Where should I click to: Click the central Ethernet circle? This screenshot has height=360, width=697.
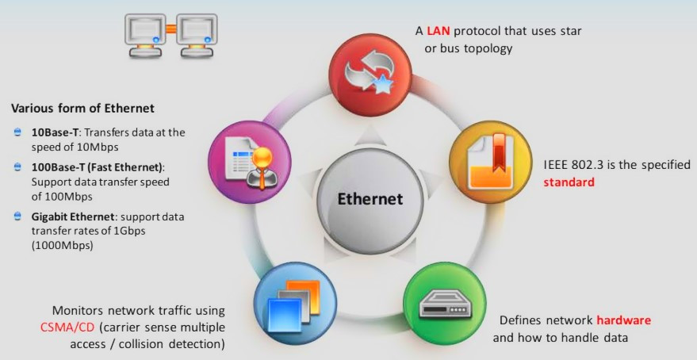point(370,199)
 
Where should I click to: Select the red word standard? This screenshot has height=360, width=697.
point(569,182)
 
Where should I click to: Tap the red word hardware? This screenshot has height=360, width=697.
point(623,320)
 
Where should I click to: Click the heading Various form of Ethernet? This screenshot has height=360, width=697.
point(82,108)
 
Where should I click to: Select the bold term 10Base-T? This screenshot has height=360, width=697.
point(46,132)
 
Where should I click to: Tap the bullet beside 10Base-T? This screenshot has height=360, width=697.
point(17,132)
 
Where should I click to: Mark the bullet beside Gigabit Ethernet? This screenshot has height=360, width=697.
point(17,216)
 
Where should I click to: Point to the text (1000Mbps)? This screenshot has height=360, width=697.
point(63,246)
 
